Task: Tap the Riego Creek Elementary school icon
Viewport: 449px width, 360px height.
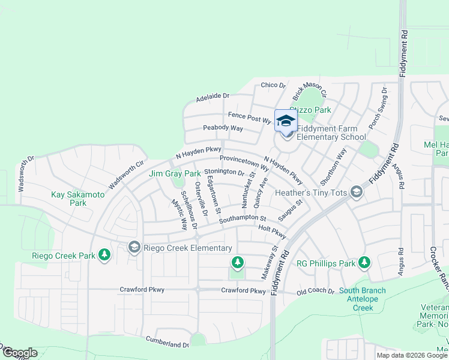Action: tap(134, 247)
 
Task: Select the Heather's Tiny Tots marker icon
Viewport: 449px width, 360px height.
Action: tap(357, 192)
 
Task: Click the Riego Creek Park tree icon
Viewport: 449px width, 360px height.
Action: tap(104, 255)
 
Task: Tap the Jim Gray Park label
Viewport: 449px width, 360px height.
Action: tap(175, 174)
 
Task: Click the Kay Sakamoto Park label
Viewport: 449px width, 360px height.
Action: tap(77, 199)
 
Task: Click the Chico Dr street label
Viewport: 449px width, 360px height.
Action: tap(273, 86)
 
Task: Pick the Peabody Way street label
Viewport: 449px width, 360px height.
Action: tap(223, 128)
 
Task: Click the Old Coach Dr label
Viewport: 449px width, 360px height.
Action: tap(316, 292)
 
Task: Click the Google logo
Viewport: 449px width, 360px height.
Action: tap(19, 353)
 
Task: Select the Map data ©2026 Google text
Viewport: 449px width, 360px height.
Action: tap(411, 355)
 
